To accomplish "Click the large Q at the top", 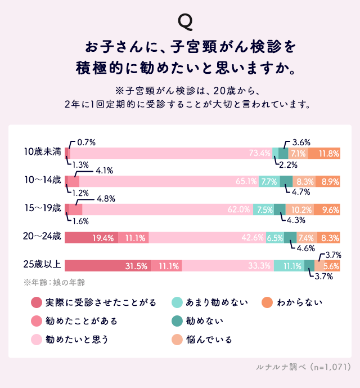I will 185,21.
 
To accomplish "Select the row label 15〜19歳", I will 43,208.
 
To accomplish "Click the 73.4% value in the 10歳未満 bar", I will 260,153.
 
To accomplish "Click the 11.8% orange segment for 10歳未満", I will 328,153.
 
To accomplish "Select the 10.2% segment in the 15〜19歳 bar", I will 301,209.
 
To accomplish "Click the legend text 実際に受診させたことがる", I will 101,303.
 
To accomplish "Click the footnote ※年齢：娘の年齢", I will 53,281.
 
